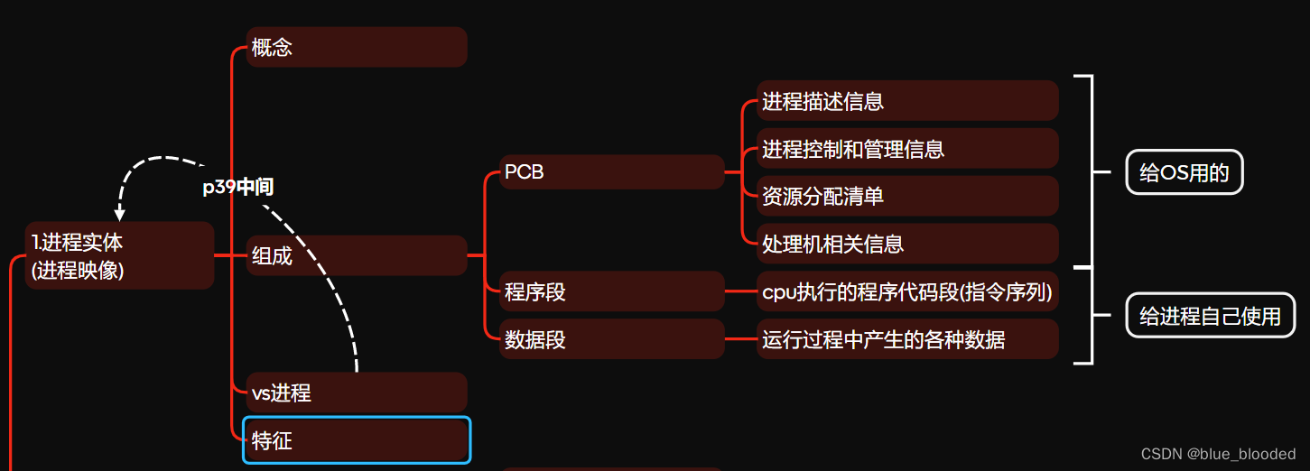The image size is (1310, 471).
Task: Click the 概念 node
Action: [x=356, y=47]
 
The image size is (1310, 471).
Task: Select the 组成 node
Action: [x=356, y=255]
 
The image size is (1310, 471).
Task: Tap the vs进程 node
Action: [x=356, y=392]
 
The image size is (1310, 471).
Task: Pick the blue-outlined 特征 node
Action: [x=356, y=440]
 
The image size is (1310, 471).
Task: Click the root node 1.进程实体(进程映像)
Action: [x=119, y=255]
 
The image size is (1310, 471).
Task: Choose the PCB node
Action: [x=612, y=171]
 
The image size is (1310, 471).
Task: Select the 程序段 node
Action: [x=612, y=291]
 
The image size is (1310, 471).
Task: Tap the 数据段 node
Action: [x=612, y=339]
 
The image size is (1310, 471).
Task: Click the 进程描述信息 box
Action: [x=907, y=101]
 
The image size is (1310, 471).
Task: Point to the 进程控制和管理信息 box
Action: [x=907, y=148]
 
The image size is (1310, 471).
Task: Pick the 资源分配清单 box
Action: [x=907, y=196]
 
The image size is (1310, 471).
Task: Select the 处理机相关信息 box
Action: [x=907, y=244]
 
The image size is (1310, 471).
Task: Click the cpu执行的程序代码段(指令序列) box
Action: [x=907, y=291]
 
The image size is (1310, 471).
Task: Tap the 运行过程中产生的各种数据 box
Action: [x=907, y=339]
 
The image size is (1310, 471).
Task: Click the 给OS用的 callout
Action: [x=1184, y=172]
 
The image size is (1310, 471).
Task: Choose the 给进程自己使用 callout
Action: [x=1210, y=316]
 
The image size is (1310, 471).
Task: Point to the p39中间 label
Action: [x=237, y=188]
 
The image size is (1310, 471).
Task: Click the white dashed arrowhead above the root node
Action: [x=120, y=215]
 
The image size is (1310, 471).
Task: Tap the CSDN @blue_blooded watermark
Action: [x=1217, y=454]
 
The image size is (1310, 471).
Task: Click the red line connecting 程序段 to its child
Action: [x=740, y=291]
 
